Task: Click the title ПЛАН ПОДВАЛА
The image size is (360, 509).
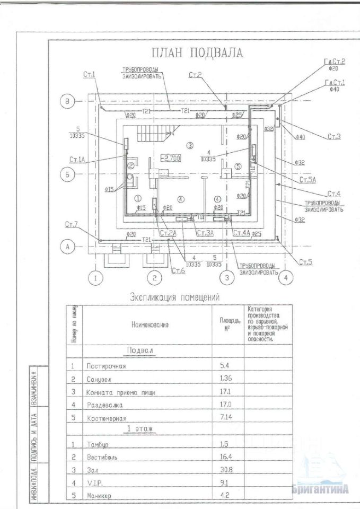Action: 197,53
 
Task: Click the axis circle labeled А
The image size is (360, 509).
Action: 67,246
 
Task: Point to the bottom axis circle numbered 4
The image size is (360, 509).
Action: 285,277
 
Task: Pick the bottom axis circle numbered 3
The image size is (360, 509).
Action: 226,277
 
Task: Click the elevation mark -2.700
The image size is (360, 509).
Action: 171,158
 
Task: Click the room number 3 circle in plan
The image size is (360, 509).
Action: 190,145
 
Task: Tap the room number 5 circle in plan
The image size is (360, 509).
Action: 238,166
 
